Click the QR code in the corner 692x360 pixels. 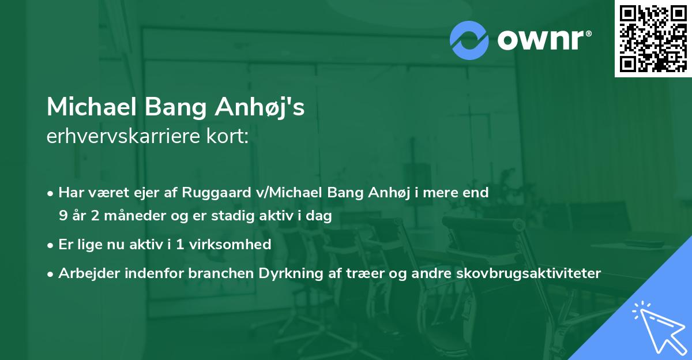(x=653, y=39)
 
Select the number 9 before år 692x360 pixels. (x=62, y=216)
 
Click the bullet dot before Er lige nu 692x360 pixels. (x=51, y=245)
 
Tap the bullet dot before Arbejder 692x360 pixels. (x=51, y=273)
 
